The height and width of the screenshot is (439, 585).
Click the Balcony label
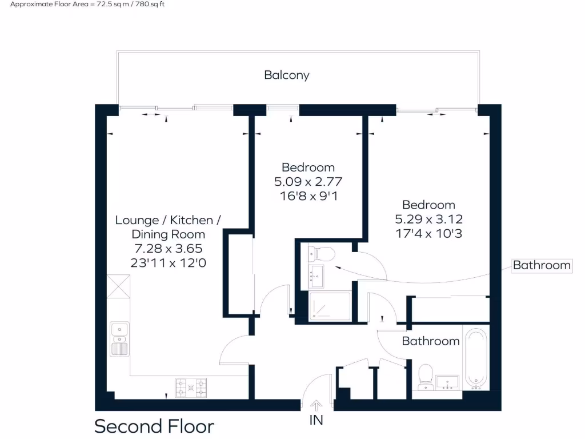286,75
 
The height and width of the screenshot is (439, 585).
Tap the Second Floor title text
154,426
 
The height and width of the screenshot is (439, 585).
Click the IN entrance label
316,420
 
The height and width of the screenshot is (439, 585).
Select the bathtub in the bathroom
475,358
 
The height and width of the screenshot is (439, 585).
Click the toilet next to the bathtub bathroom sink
426,377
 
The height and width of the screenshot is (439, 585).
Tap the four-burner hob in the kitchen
191,388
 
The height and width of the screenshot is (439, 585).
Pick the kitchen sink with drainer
119,338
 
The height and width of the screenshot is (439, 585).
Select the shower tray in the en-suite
330,306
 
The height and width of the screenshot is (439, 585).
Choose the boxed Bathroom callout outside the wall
541,265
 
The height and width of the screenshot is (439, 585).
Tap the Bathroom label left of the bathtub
430,341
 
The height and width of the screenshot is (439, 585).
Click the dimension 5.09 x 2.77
308,182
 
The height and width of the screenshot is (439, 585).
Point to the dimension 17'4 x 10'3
428,233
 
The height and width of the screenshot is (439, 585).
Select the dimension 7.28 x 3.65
168,249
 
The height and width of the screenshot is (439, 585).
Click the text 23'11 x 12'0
168,263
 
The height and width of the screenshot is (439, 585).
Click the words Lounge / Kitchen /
168,220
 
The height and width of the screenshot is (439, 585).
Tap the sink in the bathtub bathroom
448,382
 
